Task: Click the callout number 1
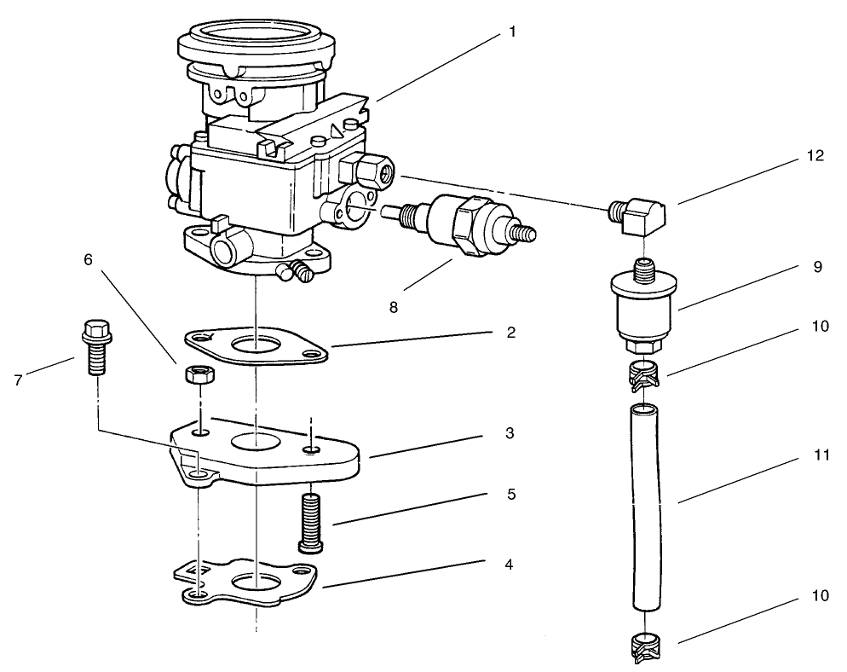tap(512, 32)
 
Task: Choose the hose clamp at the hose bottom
tap(646, 648)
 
